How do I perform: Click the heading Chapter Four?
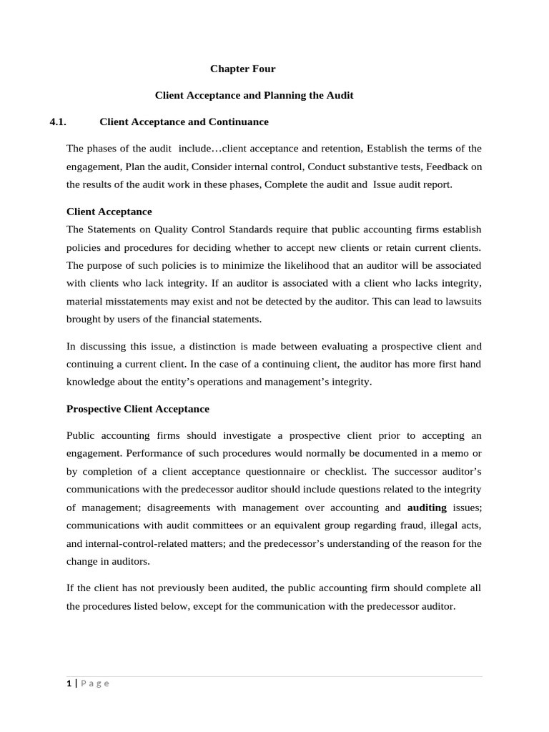242,69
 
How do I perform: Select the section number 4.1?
58,122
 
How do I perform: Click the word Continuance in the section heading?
238,122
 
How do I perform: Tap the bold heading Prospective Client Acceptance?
138,409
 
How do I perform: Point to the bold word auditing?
427,508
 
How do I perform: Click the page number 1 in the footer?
69,683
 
